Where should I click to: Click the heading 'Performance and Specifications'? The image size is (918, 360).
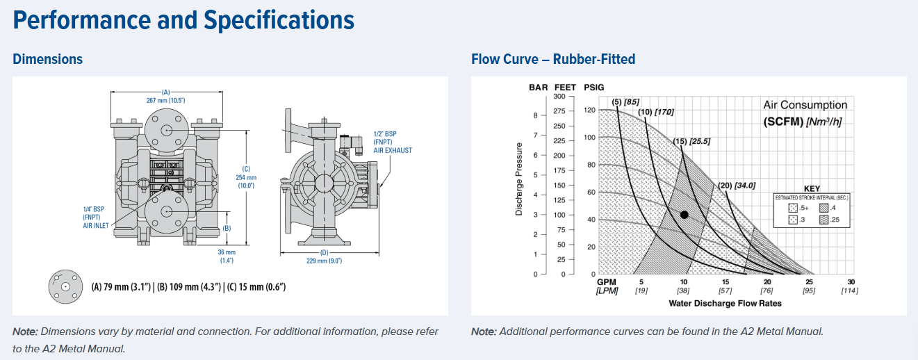coord(183,20)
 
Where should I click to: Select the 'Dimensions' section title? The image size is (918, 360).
coord(47,59)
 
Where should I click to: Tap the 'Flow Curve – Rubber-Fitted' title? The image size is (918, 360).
coord(553,59)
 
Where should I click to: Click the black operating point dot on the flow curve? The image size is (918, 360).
coord(685,215)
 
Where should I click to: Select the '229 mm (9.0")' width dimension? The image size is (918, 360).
coord(325,261)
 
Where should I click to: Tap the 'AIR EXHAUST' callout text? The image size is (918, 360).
coord(393,150)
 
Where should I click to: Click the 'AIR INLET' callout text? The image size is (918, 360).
coord(97,225)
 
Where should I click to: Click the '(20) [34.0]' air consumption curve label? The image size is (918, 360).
coord(736,185)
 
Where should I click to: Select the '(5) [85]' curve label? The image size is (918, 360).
coord(625,102)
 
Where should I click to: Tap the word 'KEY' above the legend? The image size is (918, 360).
coord(812,188)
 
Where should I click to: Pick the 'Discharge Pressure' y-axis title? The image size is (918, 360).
coord(519,179)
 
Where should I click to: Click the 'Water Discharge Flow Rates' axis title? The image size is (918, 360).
coord(725,303)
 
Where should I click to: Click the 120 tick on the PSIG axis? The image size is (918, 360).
coord(589,111)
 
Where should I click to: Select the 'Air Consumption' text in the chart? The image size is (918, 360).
coord(805,105)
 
